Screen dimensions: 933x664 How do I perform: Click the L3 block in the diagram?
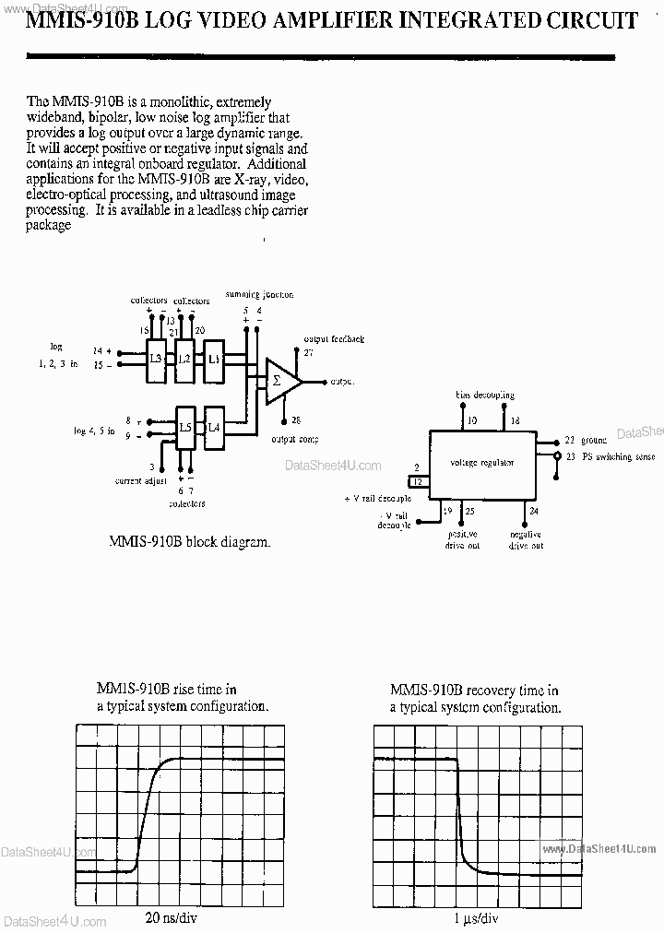point(156,358)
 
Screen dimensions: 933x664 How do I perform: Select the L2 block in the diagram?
point(184,358)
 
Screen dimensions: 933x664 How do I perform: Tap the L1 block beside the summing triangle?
point(214,358)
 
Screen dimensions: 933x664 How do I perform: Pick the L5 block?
point(184,427)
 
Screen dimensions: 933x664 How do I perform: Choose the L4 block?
point(214,427)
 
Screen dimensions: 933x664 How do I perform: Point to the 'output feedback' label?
point(334,339)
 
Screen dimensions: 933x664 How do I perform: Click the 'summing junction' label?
point(259,295)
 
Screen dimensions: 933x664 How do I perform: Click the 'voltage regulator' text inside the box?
point(481,462)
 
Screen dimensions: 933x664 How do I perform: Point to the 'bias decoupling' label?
point(484,395)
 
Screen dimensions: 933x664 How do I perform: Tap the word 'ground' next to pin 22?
point(594,441)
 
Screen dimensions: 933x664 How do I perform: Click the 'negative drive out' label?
point(527,540)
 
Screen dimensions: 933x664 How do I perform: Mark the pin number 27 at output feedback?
point(308,352)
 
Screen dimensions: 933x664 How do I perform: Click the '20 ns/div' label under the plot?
point(171,917)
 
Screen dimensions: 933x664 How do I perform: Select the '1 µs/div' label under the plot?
point(475,917)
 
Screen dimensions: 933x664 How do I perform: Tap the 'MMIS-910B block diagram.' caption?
point(190,542)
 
